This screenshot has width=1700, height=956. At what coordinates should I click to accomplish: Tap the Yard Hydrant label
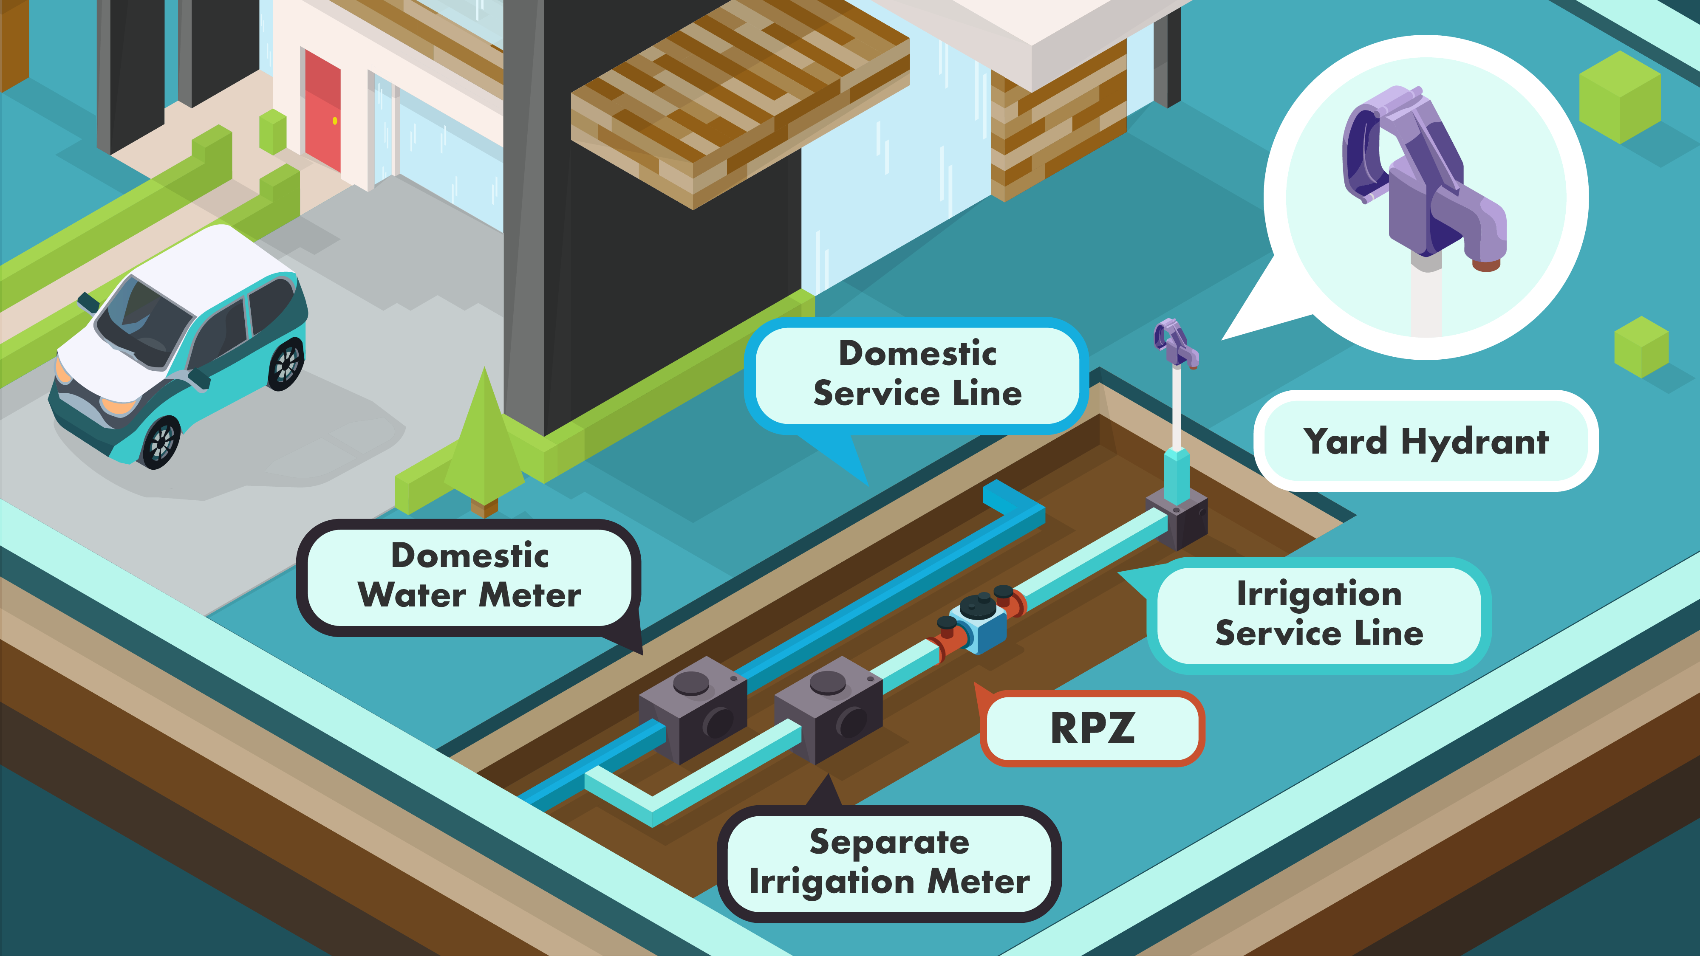click(x=1426, y=441)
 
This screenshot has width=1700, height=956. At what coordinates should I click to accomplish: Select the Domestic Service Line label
click(x=917, y=373)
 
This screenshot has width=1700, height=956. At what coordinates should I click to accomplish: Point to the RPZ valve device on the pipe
click(x=980, y=620)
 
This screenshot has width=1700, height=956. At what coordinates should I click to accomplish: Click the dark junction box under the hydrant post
click(x=1178, y=521)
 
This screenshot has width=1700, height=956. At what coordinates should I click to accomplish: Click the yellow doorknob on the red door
click(x=335, y=121)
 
